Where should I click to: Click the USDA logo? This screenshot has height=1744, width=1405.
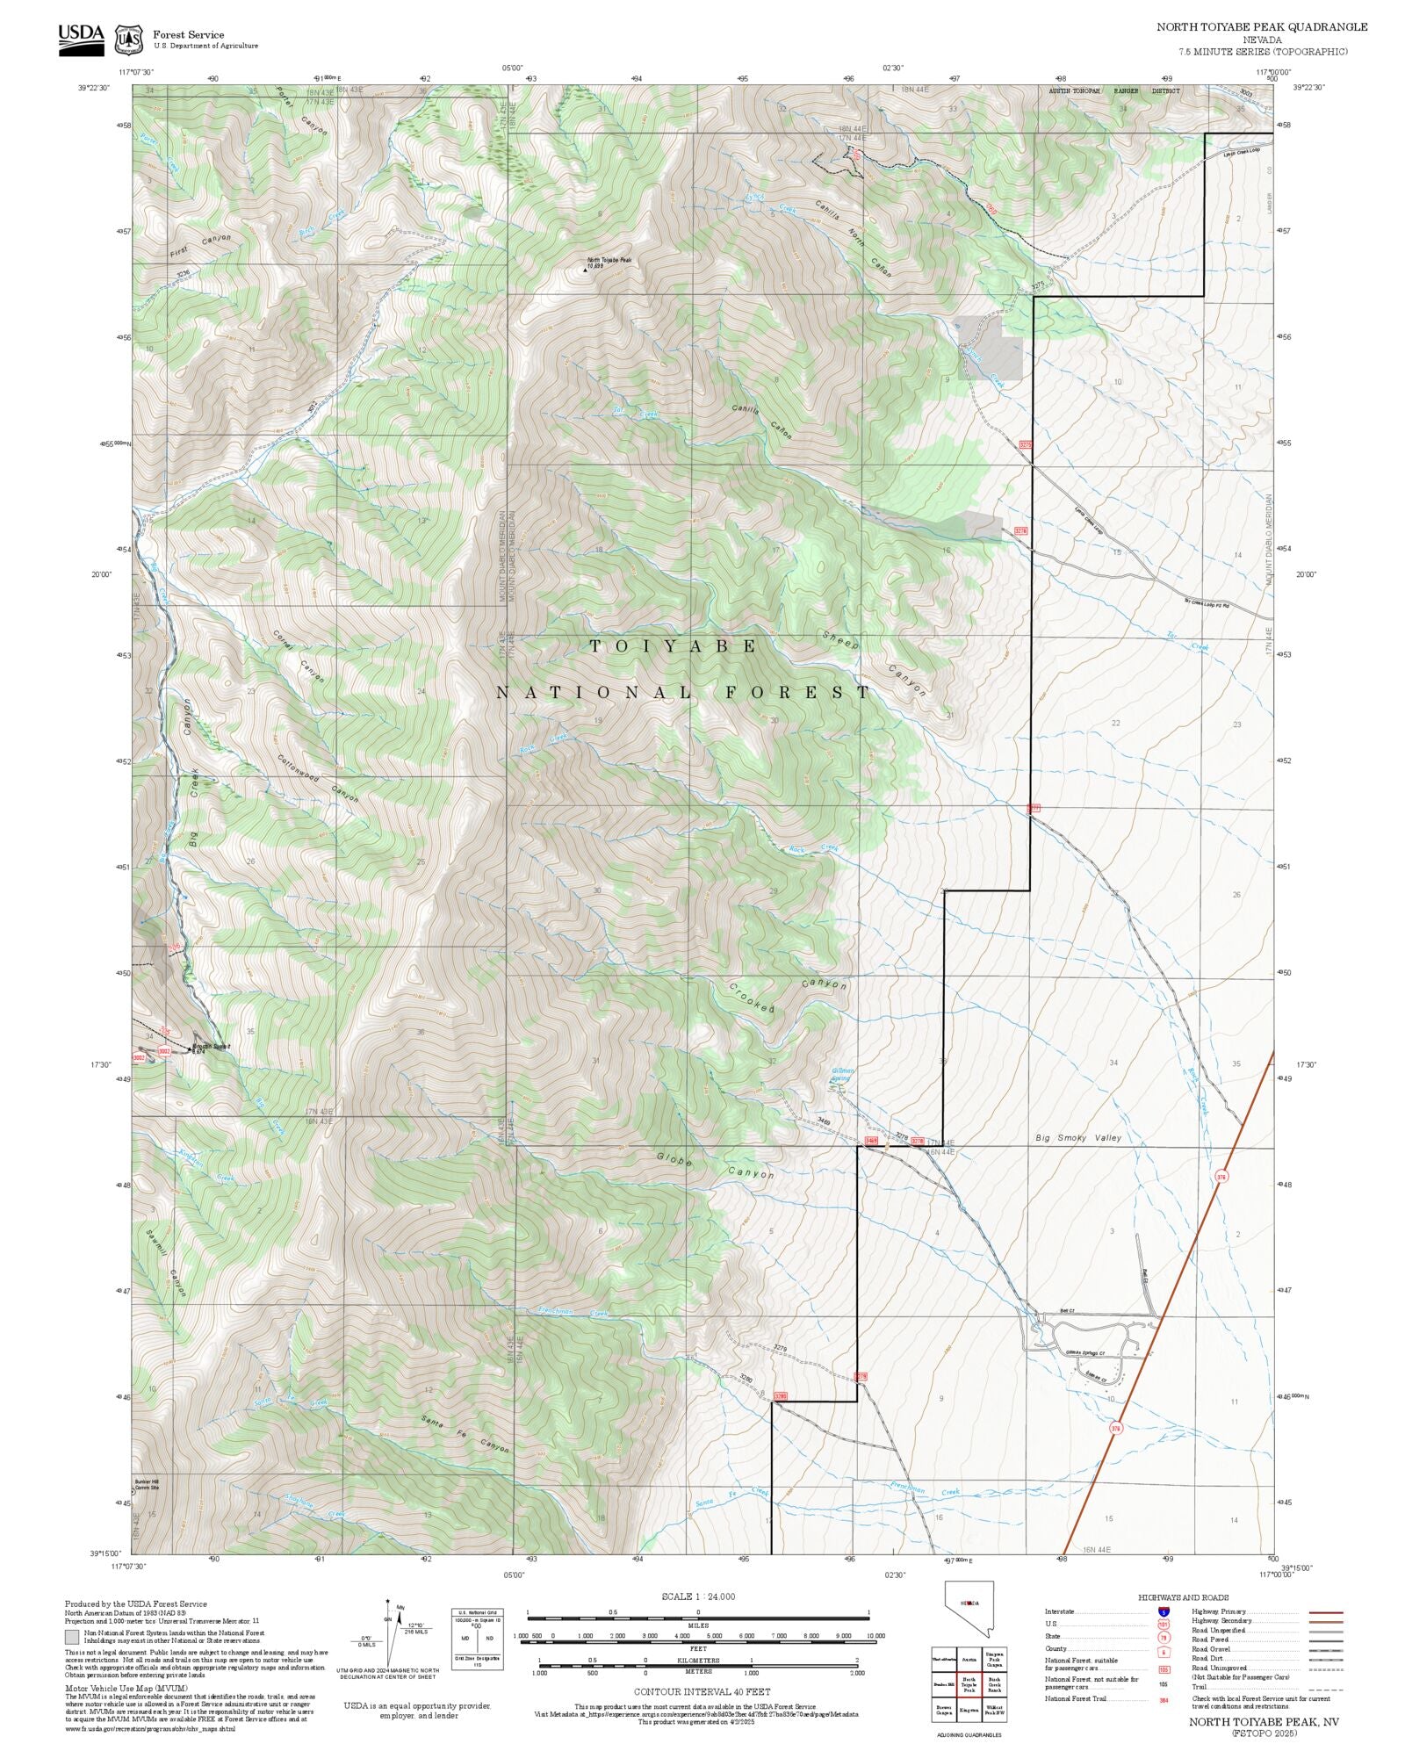[x=81, y=39]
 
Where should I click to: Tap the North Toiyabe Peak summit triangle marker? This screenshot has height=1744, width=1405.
[x=586, y=270]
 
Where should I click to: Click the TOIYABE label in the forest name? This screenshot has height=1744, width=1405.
[x=673, y=646]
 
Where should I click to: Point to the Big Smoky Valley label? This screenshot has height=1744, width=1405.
[x=1078, y=1138]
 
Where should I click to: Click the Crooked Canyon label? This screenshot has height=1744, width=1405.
[x=788, y=997]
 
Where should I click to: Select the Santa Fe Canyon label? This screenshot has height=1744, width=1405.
[x=465, y=1434]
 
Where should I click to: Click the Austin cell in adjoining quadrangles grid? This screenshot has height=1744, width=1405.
[x=969, y=1660]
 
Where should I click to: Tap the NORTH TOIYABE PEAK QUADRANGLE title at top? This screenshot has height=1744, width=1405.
[x=1261, y=27]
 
